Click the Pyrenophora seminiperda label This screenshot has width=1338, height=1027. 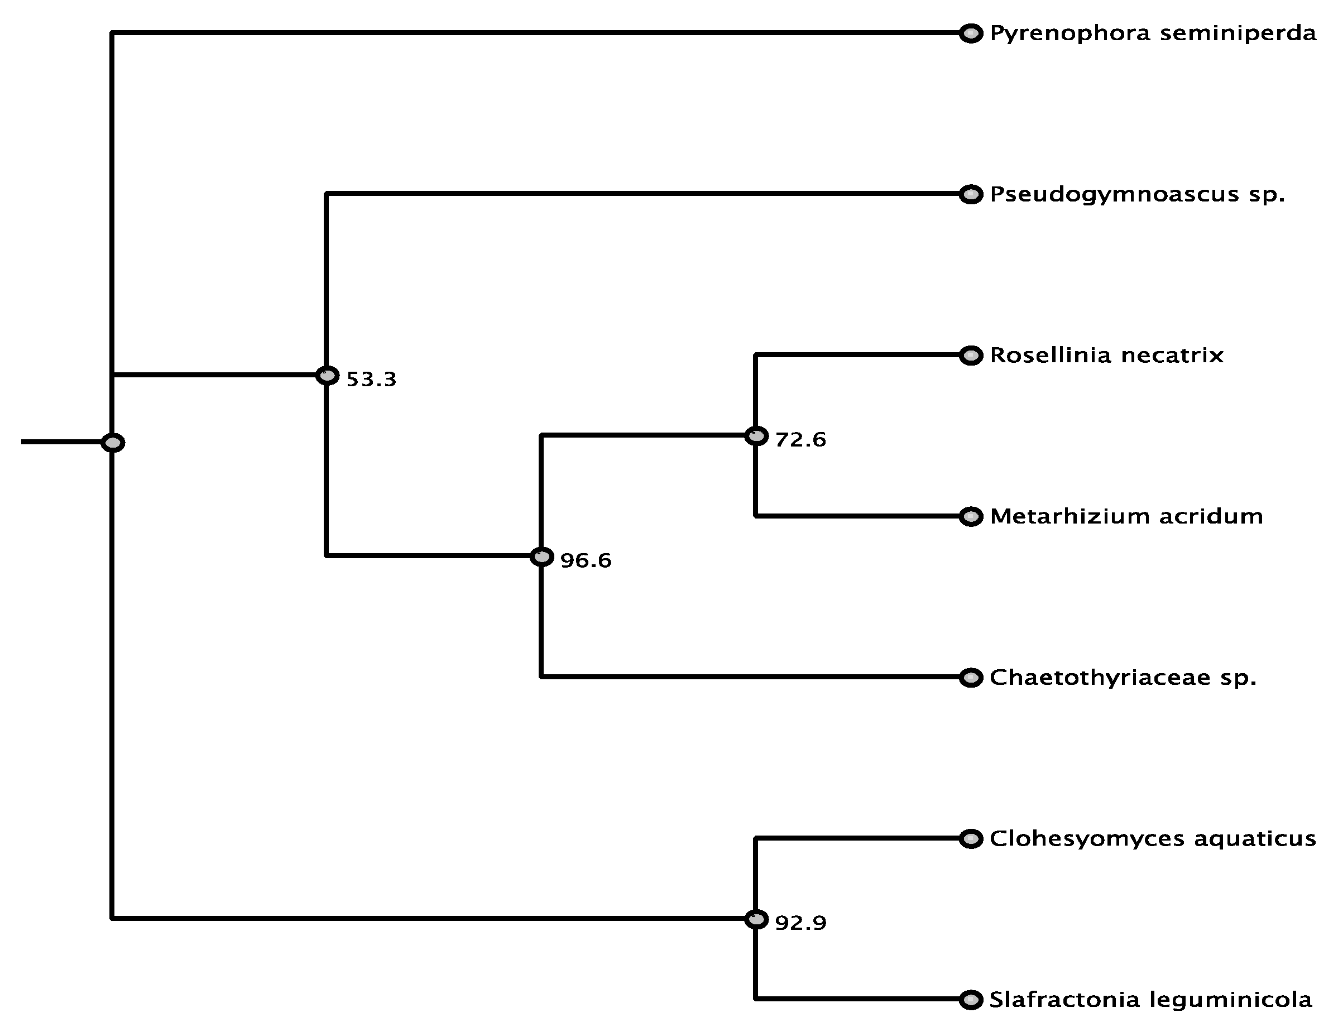pyautogui.click(x=1153, y=33)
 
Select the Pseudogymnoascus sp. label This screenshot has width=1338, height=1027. pyautogui.click(x=1137, y=194)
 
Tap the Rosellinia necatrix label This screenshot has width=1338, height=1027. pyautogui.click(x=1106, y=355)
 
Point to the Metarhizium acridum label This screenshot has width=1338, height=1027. pyautogui.click(x=1126, y=516)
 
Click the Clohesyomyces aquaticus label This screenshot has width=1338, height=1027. pyautogui.click(x=1152, y=839)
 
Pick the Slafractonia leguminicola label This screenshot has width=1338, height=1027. pyautogui.click(x=1150, y=1000)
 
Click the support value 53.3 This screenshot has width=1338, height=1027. pyautogui.click(x=371, y=380)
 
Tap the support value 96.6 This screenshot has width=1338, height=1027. pyautogui.click(x=586, y=560)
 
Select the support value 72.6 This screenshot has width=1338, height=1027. pyautogui.click(x=800, y=439)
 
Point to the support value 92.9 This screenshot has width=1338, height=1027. pyautogui.click(x=800, y=923)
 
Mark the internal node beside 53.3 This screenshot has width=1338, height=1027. pyautogui.click(x=328, y=375)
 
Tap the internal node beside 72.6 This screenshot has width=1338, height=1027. pyautogui.click(x=757, y=436)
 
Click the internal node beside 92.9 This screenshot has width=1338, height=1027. pyautogui.click(x=757, y=919)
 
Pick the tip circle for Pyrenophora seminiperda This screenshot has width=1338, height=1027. pyautogui.click(x=971, y=33)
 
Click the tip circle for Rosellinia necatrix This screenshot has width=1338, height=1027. pyautogui.click(x=971, y=355)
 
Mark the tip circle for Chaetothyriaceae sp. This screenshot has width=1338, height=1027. pyautogui.click(x=971, y=678)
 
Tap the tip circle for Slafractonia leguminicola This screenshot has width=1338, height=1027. pyautogui.click(x=971, y=1000)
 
